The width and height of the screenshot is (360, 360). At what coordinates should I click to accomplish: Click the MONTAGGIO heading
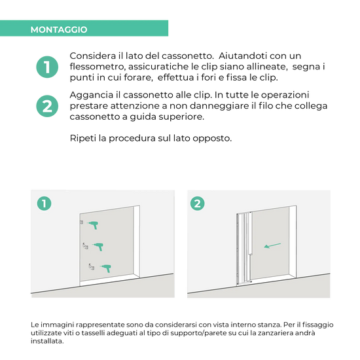pyautogui.click(x=59, y=29)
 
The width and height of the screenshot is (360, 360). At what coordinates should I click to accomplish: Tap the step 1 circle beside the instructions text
pyautogui.click(x=47, y=67)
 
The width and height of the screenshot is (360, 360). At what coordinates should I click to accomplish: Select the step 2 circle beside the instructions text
pyautogui.click(x=47, y=106)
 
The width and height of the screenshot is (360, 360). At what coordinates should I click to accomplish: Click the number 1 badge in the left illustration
pyautogui.click(x=44, y=204)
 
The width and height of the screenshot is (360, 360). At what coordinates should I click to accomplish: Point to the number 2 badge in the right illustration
pyautogui.click(x=198, y=204)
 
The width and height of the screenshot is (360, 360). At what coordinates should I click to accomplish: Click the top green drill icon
pyautogui.click(x=93, y=225)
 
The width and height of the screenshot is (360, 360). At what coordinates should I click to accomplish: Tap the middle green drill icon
pyautogui.click(x=98, y=247)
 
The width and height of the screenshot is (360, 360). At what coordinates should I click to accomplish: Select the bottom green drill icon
pyautogui.click(x=106, y=268)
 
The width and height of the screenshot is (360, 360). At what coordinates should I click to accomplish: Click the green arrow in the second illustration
pyautogui.click(x=272, y=245)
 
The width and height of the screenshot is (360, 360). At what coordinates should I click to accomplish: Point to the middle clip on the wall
pyautogui.click(x=85, y=246)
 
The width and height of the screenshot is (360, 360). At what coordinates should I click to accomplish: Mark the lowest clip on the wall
pyautogui.click(x=92, y=267)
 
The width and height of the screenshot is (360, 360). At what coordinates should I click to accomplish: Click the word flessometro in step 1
pyautogui.click(x=98, y=67)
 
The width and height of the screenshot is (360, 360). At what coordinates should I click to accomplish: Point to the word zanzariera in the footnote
pyautogui.click(x=272, y=333)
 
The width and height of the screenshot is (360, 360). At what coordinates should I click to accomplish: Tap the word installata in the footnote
pyautogui.click(x=47, y=341)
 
